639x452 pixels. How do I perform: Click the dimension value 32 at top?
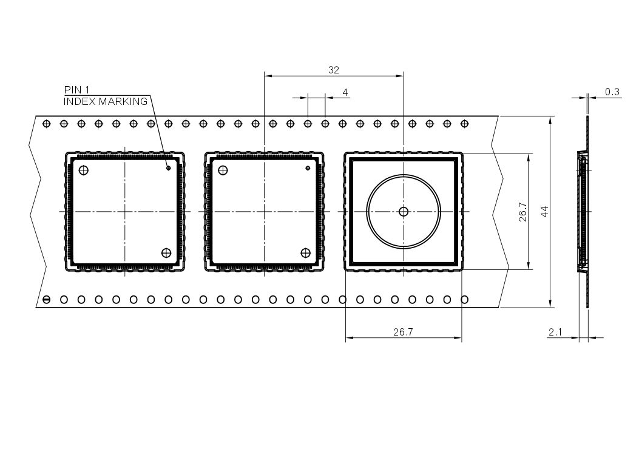tap(333, 70)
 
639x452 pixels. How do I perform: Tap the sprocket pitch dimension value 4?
tap(345, 92)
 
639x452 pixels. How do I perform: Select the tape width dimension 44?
tap(544, 212)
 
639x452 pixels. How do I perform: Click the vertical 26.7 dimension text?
tap(523, 212)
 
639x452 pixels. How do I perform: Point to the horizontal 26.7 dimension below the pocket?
tap(403, 332)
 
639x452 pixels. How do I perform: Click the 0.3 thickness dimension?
tap(612, 92)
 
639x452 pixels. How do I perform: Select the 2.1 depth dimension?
tap(555, 332)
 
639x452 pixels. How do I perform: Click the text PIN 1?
tap(76, 90)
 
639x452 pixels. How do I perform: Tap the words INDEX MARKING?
tap(106, 101)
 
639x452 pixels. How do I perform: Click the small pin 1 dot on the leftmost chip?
tap(168, 168)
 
